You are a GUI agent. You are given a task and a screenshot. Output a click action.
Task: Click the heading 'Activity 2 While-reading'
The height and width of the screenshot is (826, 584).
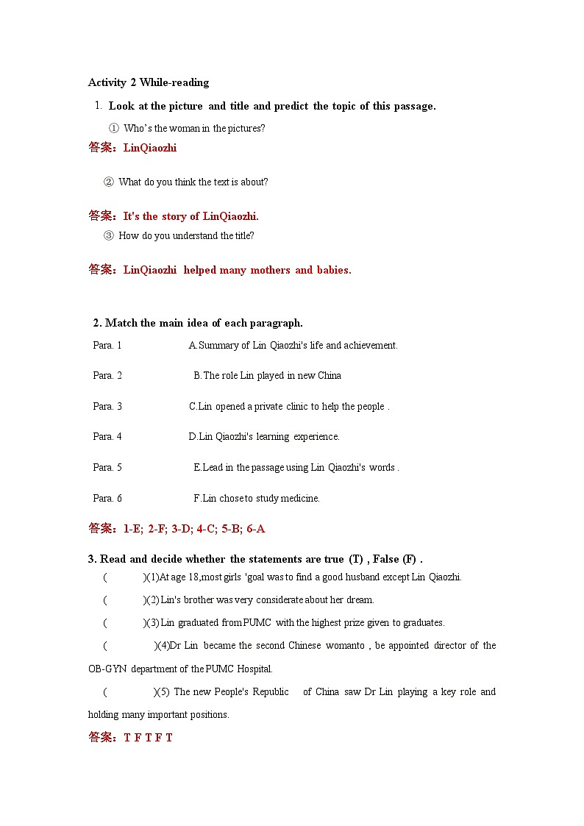149,82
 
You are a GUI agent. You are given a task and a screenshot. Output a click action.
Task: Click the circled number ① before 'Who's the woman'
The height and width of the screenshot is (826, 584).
114,129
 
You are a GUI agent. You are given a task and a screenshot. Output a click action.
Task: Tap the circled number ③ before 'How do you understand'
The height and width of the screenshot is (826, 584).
109,236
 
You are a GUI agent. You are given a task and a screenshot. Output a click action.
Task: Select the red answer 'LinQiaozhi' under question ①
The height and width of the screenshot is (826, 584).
150,148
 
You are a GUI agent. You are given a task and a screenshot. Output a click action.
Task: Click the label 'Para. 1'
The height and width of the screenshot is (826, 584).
107,345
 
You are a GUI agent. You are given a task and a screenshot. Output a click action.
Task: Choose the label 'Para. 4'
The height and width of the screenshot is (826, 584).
107,437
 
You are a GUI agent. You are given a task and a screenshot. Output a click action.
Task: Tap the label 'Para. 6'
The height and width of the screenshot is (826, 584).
107,499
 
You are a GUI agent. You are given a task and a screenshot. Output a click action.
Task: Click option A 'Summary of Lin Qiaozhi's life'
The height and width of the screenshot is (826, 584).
293,345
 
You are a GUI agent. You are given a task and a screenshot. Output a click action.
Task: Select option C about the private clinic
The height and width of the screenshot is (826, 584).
289,407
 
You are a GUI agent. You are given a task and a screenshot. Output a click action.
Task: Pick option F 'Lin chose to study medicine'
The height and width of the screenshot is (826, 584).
257,499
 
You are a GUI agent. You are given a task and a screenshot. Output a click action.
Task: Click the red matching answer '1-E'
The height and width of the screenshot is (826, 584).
132,529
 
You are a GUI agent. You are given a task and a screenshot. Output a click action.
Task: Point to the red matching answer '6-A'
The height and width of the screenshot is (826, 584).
256,529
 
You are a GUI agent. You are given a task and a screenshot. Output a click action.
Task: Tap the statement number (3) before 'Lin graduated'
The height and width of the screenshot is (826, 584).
152,623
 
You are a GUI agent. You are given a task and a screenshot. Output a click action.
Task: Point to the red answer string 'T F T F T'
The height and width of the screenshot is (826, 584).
149,738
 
